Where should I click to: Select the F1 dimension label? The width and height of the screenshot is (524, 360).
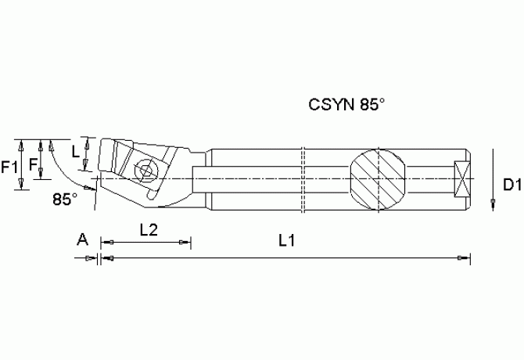coord(10,166)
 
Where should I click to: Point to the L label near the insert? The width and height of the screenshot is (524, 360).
coord(75,151)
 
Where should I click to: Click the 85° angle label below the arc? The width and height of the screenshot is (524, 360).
coord(65,199)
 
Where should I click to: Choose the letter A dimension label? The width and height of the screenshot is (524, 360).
coord(81,238)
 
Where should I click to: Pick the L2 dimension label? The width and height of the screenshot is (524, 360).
coord(149,230)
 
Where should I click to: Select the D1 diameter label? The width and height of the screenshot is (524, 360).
coord(511,185)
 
